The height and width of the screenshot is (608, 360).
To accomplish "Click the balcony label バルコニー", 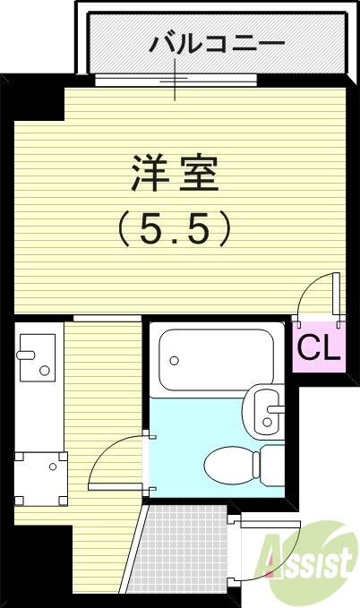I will [217, 42].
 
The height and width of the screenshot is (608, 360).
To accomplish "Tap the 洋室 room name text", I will [176, 172].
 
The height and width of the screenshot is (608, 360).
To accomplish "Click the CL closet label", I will [319, 347].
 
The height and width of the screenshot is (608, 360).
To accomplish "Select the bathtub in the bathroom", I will [215, 359].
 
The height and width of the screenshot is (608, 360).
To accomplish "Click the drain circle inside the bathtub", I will [175, 361].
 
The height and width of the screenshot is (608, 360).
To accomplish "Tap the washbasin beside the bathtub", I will [263, 410].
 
